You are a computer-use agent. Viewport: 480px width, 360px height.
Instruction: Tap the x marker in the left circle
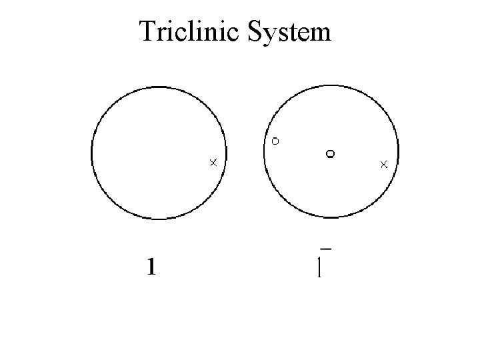(x=213, y=162)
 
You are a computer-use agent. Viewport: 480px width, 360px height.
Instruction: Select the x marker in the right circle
(x=384, y=163)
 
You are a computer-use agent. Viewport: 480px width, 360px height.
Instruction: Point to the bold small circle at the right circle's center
(x=329, y=154)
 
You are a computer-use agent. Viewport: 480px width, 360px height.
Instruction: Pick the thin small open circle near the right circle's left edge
(x=275, y=141)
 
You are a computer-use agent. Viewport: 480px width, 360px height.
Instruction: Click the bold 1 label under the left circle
(x=152, y=268)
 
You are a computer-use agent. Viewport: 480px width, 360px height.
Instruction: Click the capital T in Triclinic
(x=147, y=31)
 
